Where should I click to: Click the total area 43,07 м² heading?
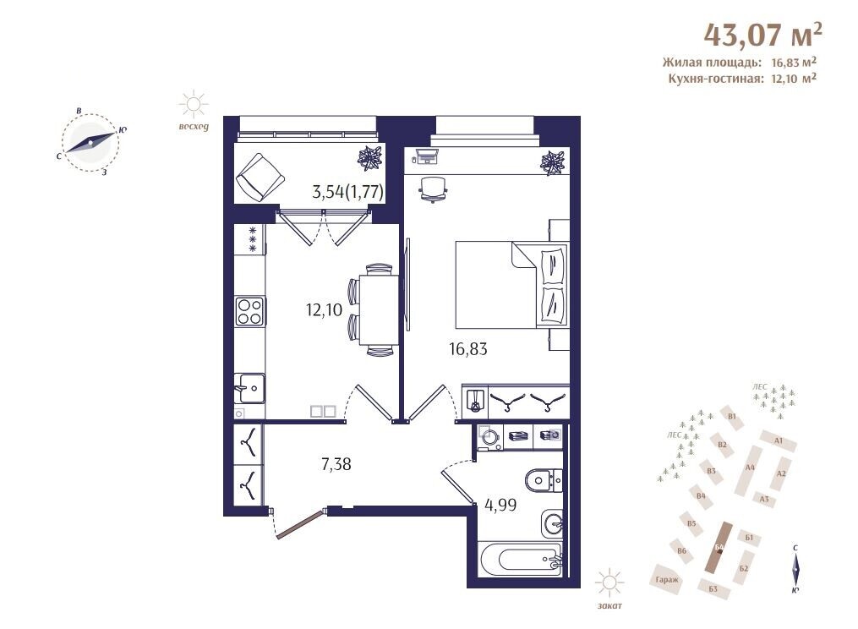(x=762, y=34)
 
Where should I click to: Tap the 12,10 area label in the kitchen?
(x=324, y=310)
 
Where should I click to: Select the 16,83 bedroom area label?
(x=467, y=348)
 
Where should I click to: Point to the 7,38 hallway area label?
(x=336, y=465)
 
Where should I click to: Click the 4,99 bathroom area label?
(x=500, y=505)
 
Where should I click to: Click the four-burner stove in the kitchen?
(x=249, y=311)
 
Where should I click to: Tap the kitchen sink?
(x=249, y=388)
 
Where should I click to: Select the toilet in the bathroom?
(x=544, y=481)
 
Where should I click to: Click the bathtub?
(x=520, y=559)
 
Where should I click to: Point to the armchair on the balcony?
(x=260, y=177)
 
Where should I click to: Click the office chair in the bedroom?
(x=433, y=189)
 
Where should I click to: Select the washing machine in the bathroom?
(x=490, y=437)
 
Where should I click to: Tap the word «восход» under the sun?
(x=194, y=127)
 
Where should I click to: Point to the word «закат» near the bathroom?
(x=609, y=606)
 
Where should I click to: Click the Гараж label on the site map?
(x=667, y=580)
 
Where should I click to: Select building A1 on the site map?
(x=778, y=440)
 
